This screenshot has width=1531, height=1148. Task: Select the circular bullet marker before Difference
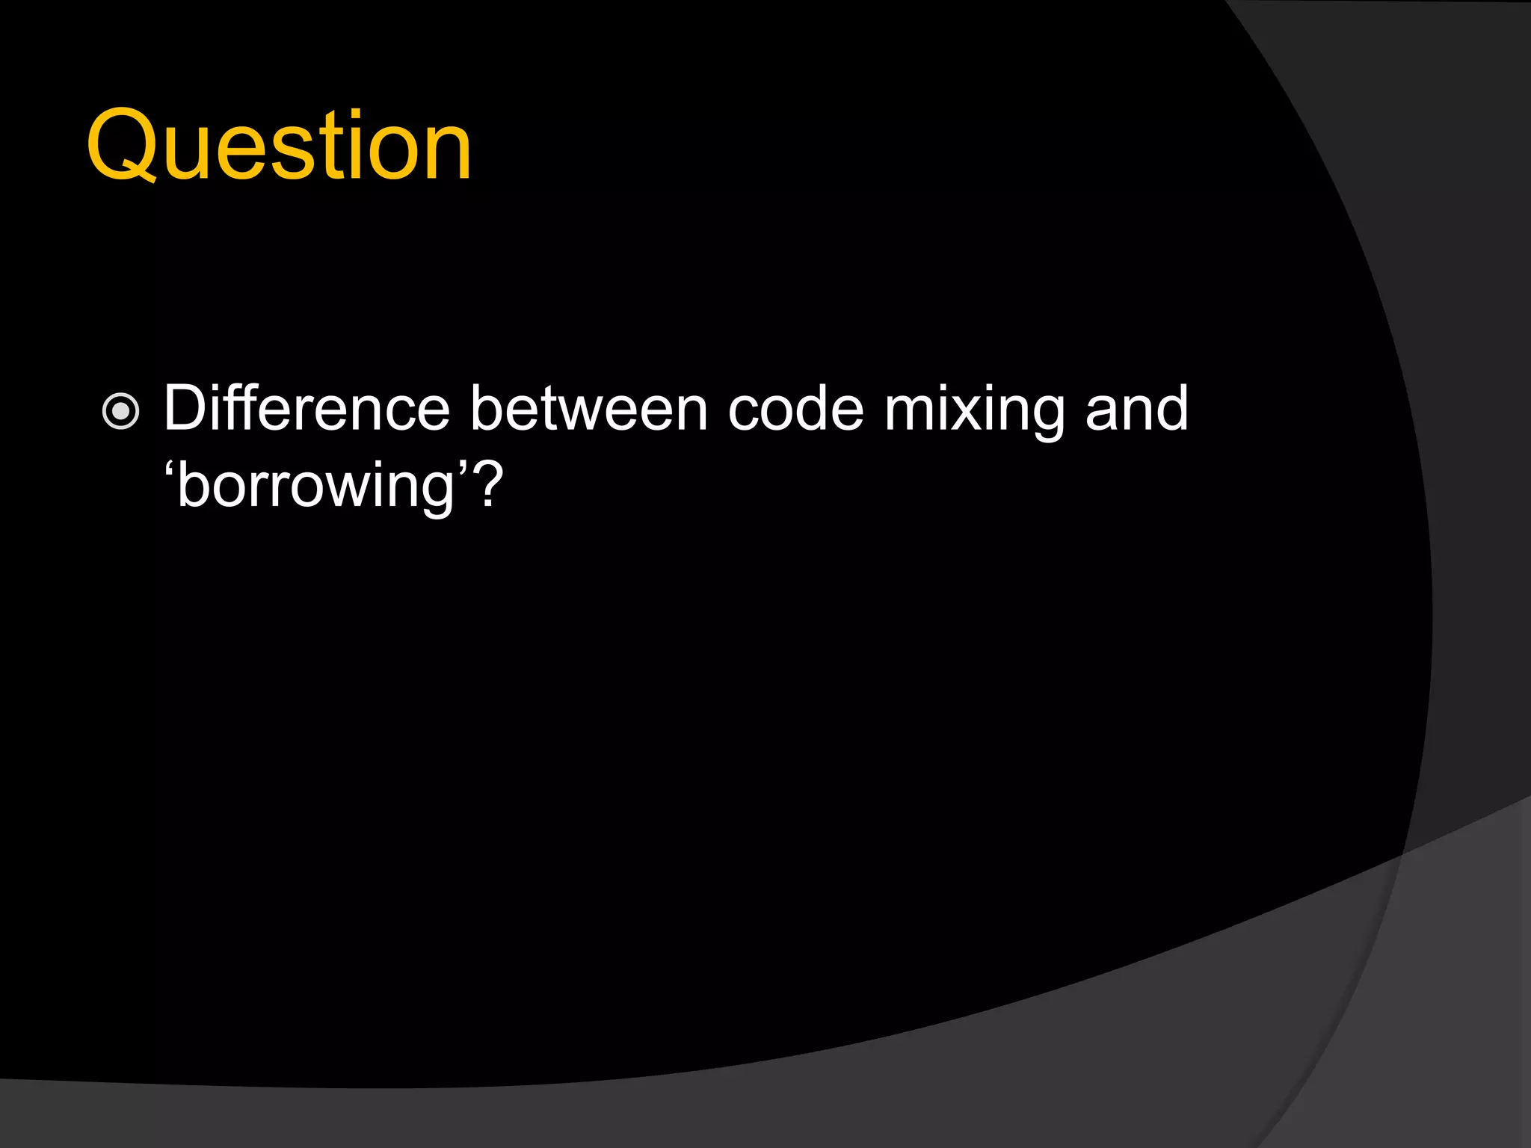coord(120,412)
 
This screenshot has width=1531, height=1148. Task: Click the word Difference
coord(306,409)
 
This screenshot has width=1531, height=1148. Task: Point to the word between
coord(588,409)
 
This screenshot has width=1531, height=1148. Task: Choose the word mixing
coord(974,412)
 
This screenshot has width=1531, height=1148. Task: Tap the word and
coord(1136,409)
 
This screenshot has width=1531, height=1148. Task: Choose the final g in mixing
coord(1044,419)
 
